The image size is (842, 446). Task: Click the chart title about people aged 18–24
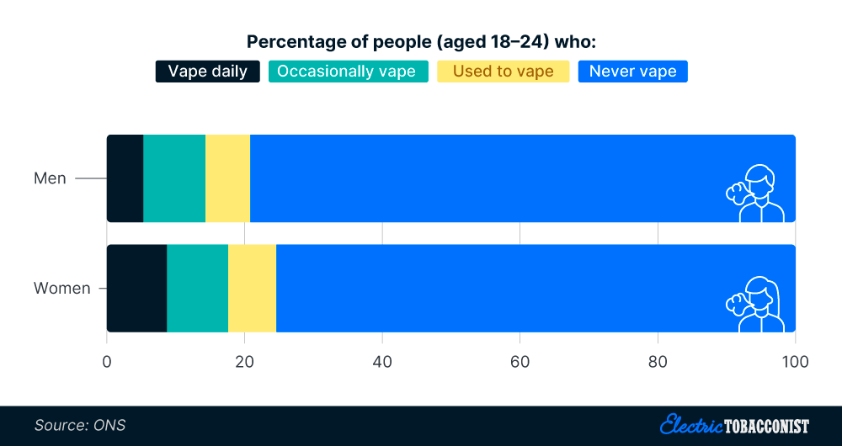(421, 42)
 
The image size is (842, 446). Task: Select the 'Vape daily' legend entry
(208, 72)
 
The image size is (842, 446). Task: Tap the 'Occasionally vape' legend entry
(346, 72)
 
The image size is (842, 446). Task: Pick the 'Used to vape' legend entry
(504, 72)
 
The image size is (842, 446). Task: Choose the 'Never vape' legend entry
(632, 72)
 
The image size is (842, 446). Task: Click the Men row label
(50, 178)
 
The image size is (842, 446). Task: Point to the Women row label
(61, 289)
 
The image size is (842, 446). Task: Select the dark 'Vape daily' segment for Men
(125, 178)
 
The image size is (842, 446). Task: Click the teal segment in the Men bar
(174, 178)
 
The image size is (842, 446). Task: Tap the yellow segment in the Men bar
(227, 178)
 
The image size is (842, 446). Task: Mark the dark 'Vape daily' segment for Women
(136, 289)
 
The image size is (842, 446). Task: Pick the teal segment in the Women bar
(197, 289)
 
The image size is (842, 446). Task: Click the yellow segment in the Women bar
(252, 289)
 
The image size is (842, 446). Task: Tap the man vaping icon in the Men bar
(755, 194)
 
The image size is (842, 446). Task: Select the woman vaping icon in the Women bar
(755, 304)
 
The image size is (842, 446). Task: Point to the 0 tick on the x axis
(107, 362)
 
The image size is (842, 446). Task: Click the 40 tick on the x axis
(382, 362)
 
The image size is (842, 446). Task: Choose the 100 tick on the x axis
(795, 362)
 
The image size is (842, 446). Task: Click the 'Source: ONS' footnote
(80, 425)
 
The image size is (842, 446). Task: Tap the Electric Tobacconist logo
(734, 425)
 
